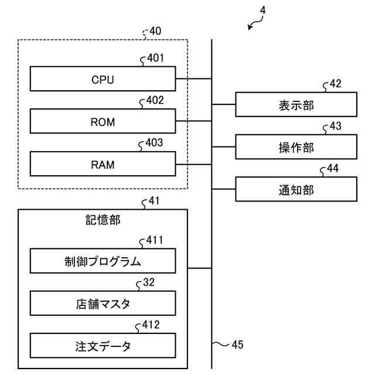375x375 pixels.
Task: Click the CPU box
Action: click(x=103, y=79)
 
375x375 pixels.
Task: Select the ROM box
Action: click(x=103, y=121)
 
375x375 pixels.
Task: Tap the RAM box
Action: click(x=103, y=164)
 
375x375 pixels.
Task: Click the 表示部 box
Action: click(x=296, y=104)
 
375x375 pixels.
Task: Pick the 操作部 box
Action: click(x=296, y=147)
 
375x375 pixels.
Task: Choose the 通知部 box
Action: click(x=296, y=189)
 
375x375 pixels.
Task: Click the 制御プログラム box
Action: click(x=103, y=261)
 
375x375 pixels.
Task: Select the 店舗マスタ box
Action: click(x=103, y=304)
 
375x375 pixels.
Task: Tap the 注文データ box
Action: click(x=103, y=346)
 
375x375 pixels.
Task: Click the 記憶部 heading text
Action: click(x=103, y=220)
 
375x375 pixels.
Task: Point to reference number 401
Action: click(x=155, y=58)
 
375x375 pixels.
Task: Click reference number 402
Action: click(x=155, y=100)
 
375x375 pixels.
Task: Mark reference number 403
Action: click(x=154, y=143)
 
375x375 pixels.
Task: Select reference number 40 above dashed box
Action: click(x=155, y=31)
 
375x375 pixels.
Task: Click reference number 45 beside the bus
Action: click(x=237, y=345)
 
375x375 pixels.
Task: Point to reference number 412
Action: click(x=151, y=325)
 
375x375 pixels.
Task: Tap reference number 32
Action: click(x=149, y=282)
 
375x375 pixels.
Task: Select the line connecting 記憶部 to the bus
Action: click(x=200, y=268)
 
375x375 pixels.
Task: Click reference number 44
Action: click(x=333, y=168)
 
